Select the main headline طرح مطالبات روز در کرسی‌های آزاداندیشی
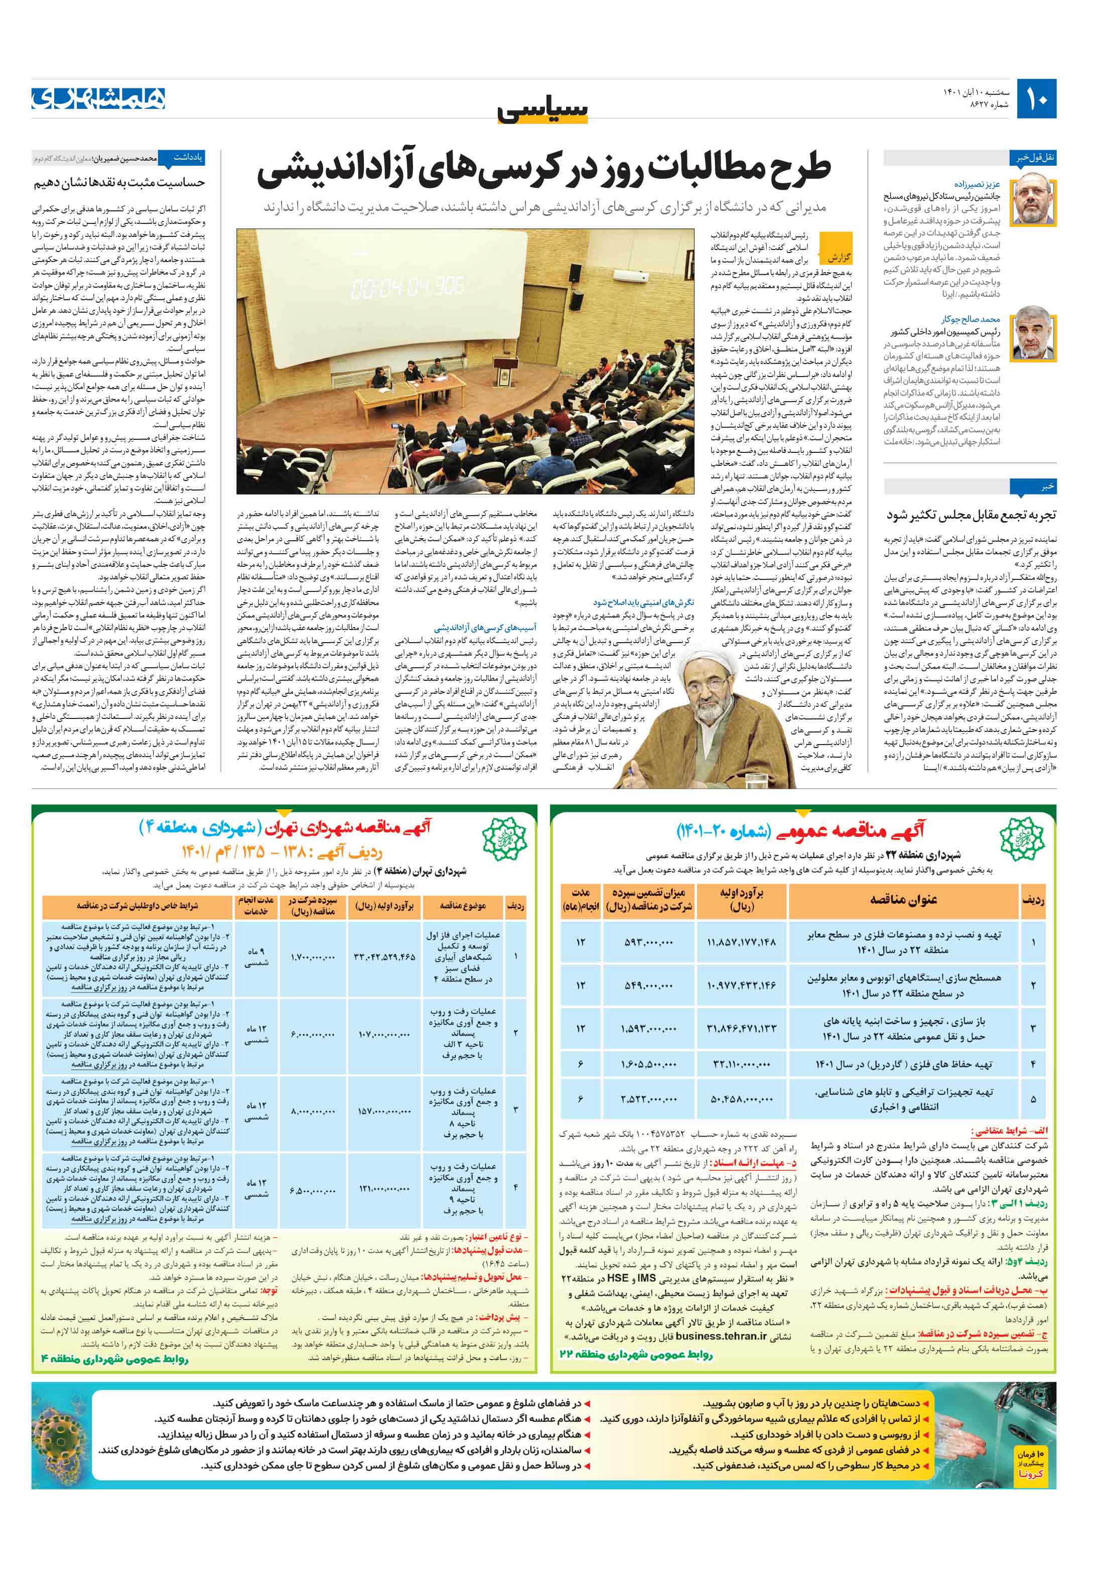tap(543, 170)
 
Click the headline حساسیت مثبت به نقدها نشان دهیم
tap(119, 183)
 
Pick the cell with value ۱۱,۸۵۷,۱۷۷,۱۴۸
tap(741, 941)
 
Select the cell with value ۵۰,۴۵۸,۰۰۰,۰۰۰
tap(741, 1099)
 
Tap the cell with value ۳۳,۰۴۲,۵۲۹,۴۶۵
tap(384, 957)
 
